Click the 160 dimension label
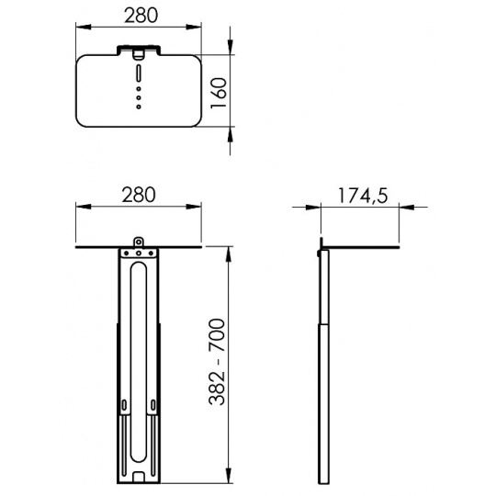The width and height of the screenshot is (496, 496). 219,93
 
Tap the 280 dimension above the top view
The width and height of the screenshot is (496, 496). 141,16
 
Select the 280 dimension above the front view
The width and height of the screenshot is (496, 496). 139,195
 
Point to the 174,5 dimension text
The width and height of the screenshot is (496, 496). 363,196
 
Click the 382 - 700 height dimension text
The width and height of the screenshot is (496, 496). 217,362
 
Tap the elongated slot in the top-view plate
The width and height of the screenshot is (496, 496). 139,73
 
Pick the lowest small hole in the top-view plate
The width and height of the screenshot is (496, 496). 139,107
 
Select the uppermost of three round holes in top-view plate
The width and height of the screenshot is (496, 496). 139,89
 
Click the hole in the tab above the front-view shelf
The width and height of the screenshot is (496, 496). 138,242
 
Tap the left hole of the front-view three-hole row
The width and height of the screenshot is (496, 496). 126,254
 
